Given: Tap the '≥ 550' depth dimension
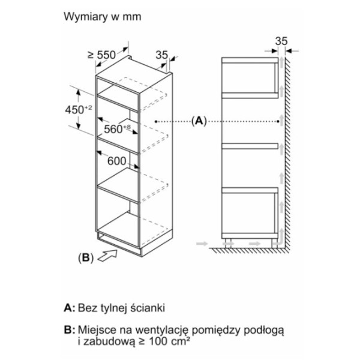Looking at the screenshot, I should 100,55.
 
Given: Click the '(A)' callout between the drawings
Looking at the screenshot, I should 199,121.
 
